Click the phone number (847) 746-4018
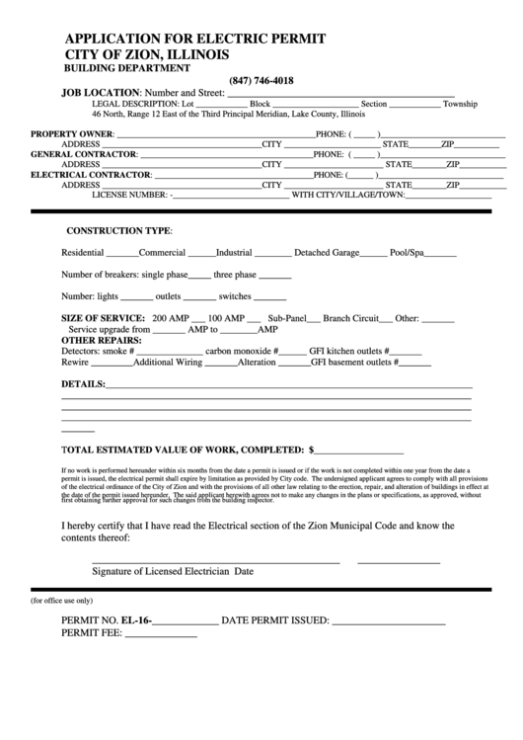click(261, 81)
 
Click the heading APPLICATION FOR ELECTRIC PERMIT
click(195, 38)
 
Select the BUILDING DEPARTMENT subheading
click(127, 68)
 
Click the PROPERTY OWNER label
click(72, 133)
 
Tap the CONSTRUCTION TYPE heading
click(118, 230)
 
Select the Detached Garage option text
click(327, 253)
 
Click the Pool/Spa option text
click(407, 253)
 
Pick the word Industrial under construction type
click(234, 253)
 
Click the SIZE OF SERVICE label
click(103, 318)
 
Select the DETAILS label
click(83, 383)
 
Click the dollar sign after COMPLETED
click(312, 447)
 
